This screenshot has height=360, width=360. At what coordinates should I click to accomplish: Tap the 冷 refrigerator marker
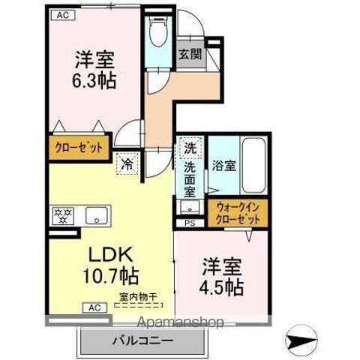[x=127, y=162]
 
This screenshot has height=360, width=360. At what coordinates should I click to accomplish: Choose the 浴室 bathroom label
[x=223, y=166]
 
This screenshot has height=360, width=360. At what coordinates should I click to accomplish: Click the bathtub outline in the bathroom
[x=253, y=165]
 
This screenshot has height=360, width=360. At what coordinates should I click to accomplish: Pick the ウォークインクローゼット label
[x=238, y=213]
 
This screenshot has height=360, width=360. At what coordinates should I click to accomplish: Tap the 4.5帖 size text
[x=221, y=286]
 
